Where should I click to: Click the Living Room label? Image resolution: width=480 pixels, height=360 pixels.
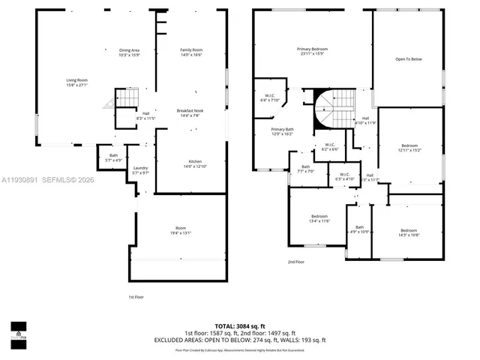77,82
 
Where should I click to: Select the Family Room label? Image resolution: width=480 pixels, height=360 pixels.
191,52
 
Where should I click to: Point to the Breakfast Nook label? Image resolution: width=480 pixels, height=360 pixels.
189,113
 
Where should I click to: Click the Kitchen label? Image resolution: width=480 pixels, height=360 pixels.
194,163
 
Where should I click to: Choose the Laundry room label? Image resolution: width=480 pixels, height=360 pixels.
140,170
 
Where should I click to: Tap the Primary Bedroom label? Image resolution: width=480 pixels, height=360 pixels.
313,51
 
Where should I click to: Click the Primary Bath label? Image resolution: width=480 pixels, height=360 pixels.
282,132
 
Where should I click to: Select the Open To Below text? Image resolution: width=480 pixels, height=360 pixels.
409,59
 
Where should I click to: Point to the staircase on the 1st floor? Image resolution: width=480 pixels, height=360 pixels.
123,100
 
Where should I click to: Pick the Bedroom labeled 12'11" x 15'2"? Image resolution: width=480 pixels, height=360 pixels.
409,148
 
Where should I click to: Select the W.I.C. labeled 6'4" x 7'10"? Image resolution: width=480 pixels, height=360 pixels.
269,98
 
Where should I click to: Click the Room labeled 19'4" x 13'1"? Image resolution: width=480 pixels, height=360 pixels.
181,230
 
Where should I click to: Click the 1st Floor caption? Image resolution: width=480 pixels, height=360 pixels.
136,297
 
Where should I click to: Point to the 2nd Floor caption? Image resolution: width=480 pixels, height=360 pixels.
296,262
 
